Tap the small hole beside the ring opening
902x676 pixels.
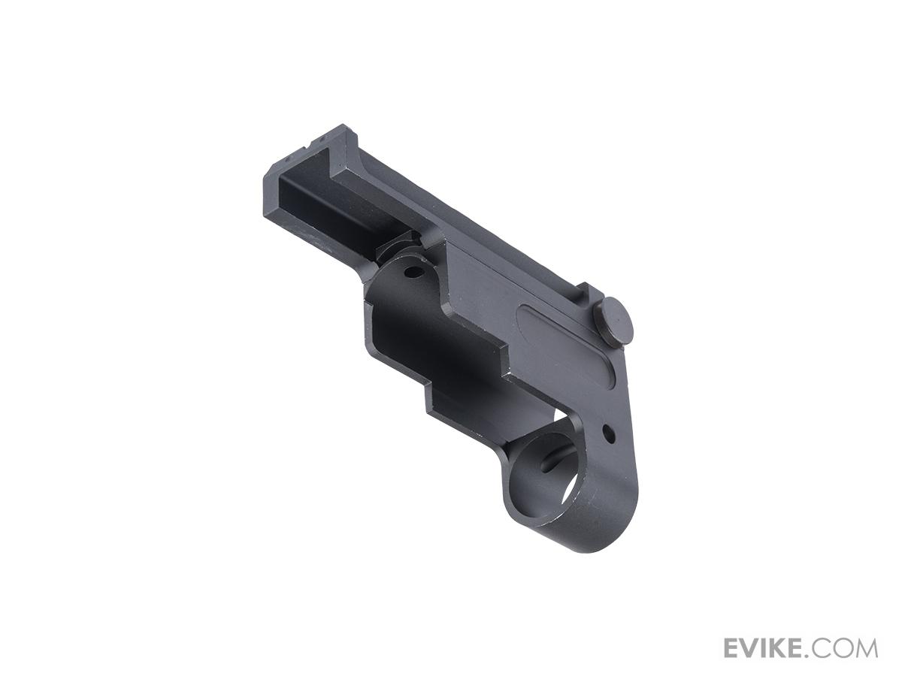pyautogui.click(x=608, y=433)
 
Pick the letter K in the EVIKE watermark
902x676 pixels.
pyautogui.click(x=782, y=647)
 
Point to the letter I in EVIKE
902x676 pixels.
pyautogui.click(x=767, y=647)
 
